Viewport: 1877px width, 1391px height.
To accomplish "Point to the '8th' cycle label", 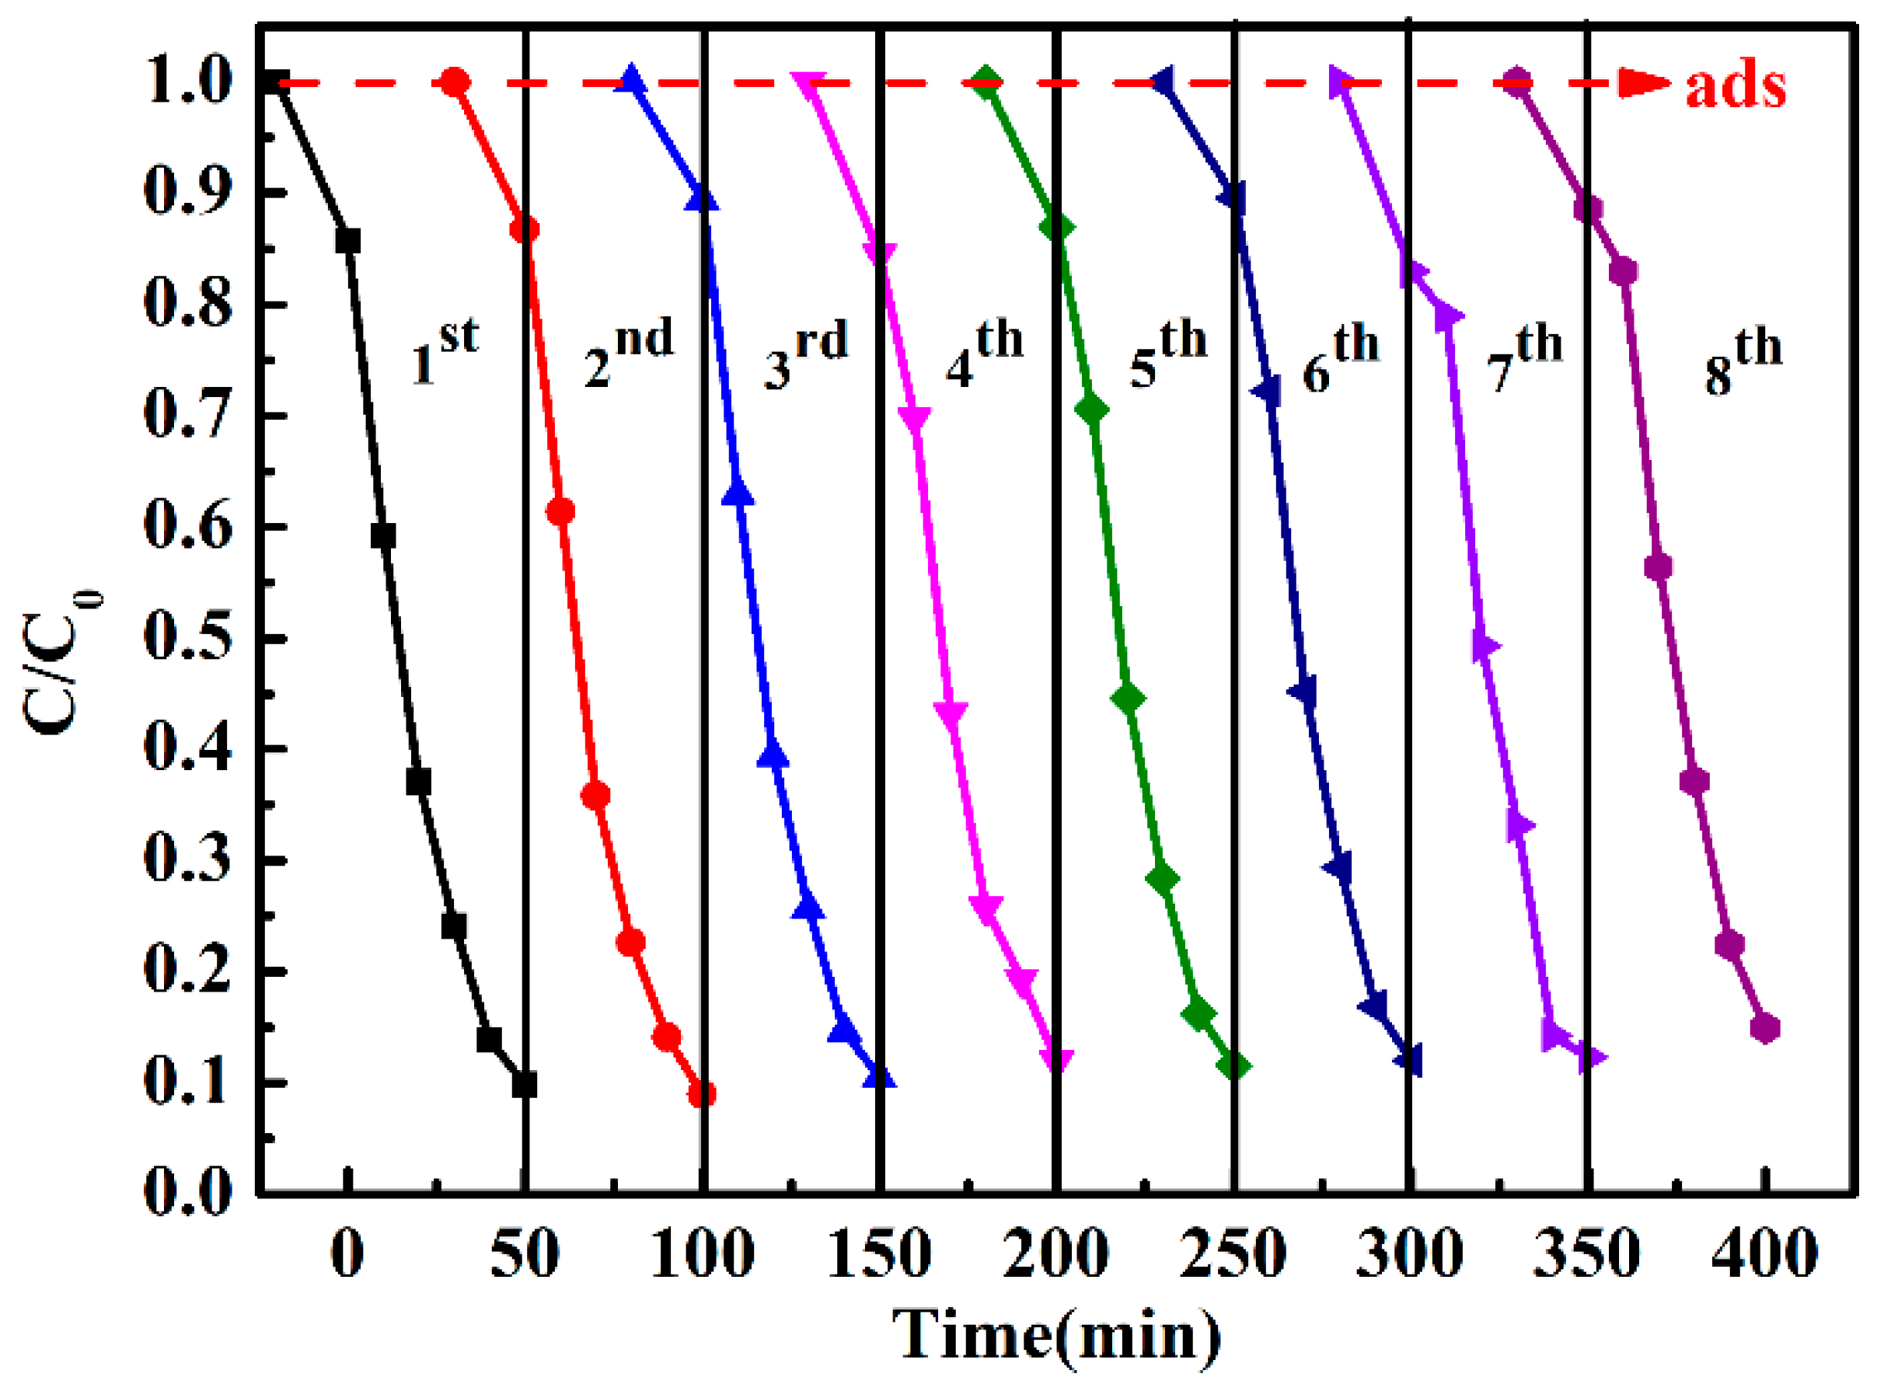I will [1743, 361].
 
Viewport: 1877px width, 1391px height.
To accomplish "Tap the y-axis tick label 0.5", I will [187, 638].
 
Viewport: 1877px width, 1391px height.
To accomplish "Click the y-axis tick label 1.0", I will [187, 82].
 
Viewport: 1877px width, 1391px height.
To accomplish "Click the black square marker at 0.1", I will [525, 1085].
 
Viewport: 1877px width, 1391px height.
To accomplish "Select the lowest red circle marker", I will [702, 1095].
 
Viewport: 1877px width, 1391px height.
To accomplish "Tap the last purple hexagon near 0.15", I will [1766, 1029].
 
